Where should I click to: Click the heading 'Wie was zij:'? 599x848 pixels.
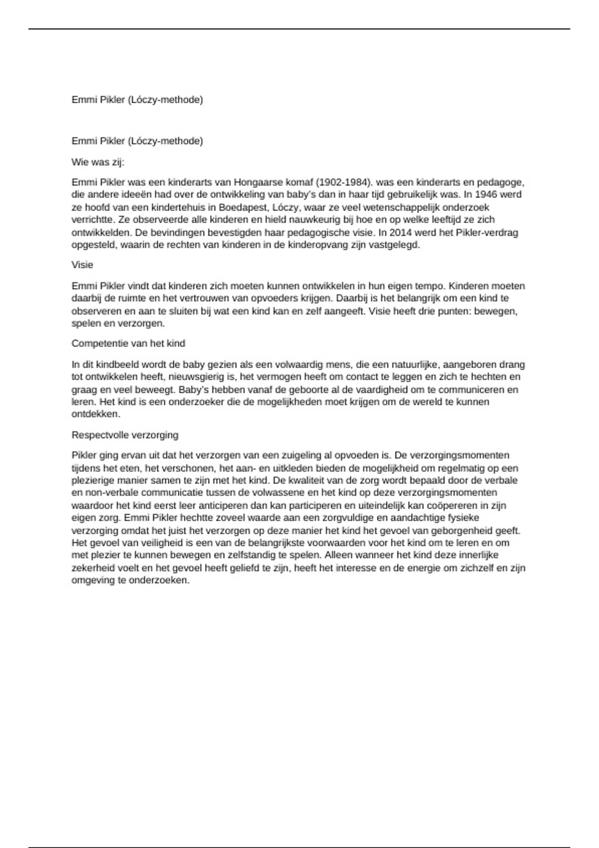tap(98, 162)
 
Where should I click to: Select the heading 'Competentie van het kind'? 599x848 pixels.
tap(128, 343)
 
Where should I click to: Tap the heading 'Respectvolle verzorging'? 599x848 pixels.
tap(125, 435)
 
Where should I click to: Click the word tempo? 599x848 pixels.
tap(432, 286)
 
